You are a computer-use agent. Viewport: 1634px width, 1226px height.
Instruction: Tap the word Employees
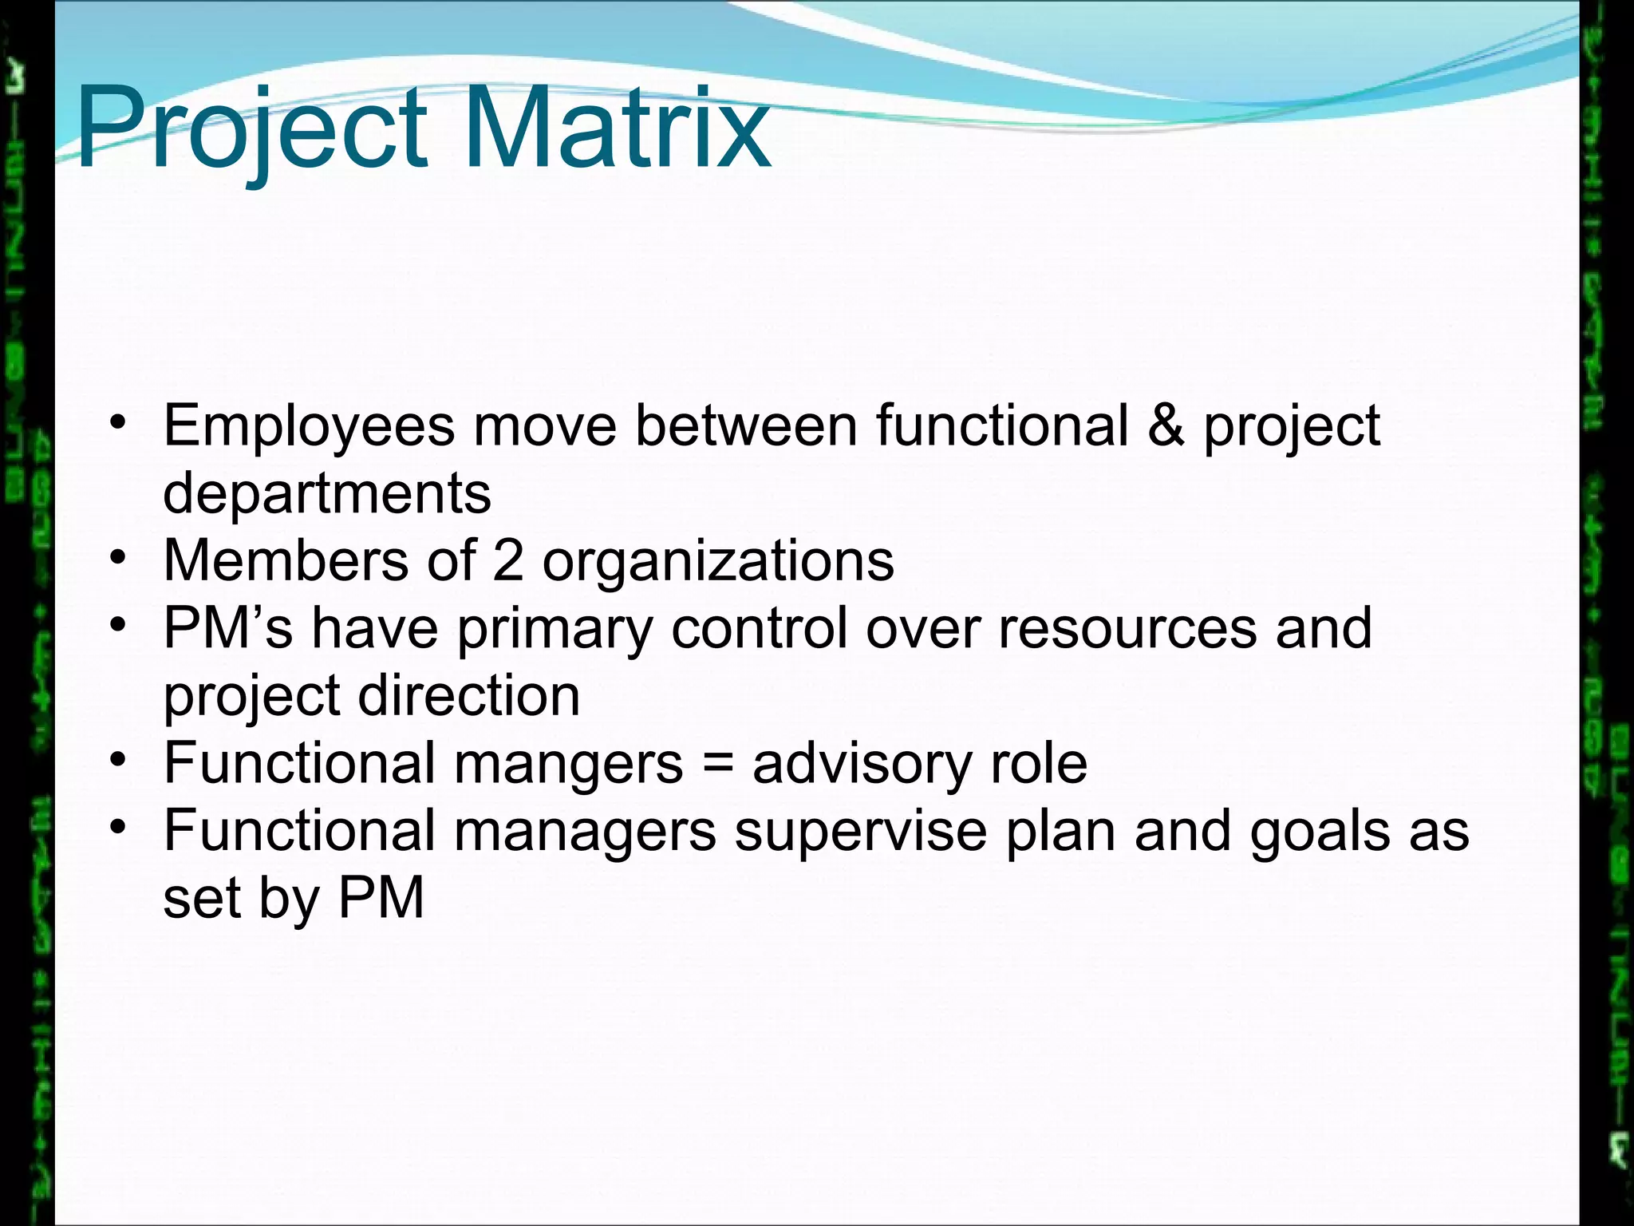tap(309, 427)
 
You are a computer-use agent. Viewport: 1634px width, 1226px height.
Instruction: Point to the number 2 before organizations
tap(507, 560)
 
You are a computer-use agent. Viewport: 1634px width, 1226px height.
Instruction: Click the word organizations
tap(718, 563)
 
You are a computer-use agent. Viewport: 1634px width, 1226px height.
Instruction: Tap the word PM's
tap(228, 628)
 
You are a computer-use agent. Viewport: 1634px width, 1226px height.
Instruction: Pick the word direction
tap(469, 696)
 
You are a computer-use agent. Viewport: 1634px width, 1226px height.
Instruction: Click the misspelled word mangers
tap(568, 765)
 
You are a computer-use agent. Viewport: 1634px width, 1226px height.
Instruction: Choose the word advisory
tap(862, 765)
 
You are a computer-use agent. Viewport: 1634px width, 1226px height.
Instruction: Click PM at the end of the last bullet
tap(381, 899)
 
